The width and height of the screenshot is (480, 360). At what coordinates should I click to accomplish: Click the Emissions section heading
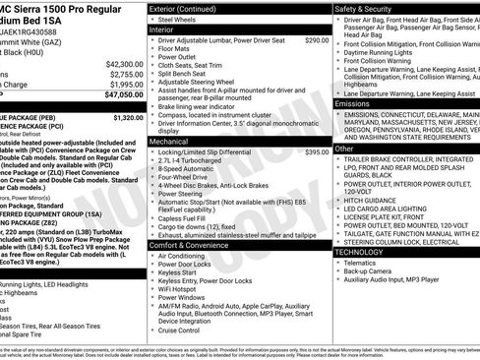(355, 102)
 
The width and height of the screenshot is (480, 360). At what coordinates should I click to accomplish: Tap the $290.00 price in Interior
(317, 40)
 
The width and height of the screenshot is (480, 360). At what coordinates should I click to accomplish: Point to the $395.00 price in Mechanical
(317, 152)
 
